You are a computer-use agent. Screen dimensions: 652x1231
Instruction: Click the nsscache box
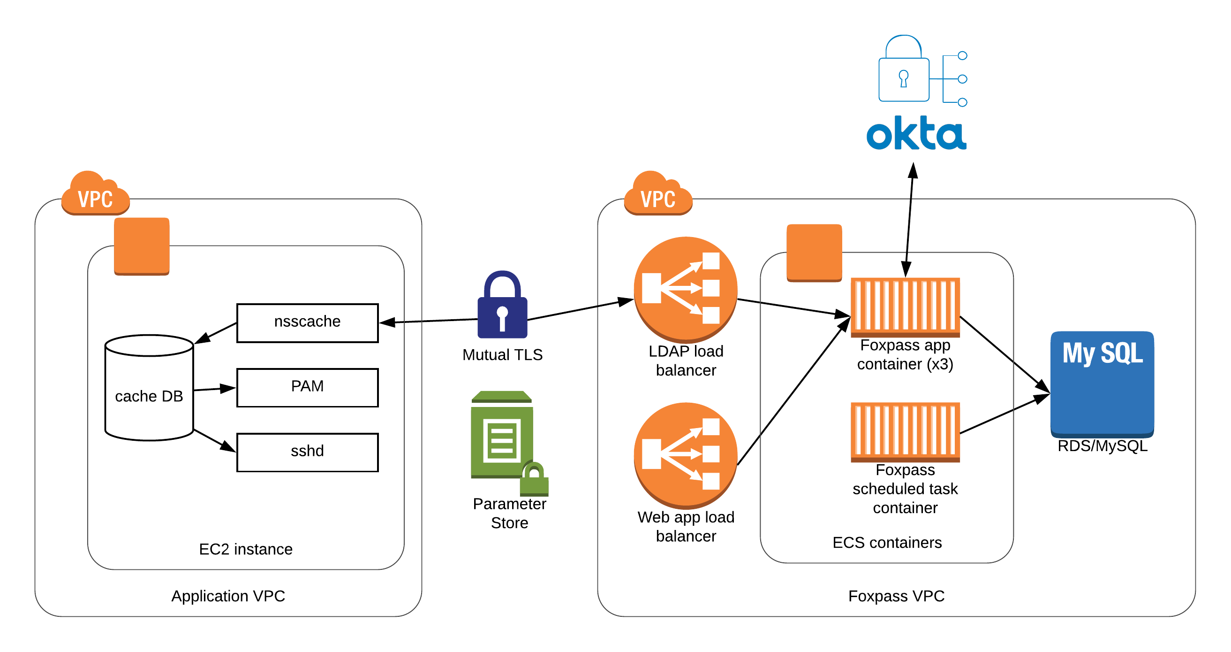[x=307, y=323]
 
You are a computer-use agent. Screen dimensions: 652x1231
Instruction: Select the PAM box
[x=307, y=387]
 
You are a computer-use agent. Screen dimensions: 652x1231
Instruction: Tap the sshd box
[x=307, y=452]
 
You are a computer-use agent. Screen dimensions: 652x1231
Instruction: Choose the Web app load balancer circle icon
[x=685, y=454]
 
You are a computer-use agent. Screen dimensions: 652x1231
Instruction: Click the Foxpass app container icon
[x=905, y=306]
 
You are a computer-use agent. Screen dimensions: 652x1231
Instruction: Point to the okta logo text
[x=916, y=133]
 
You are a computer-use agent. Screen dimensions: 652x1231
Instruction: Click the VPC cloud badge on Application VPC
[x=96, y=195]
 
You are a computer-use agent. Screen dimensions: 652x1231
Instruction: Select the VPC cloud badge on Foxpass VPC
[x=658, y=195]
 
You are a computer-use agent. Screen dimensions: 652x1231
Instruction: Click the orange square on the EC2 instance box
[x=142, y=246]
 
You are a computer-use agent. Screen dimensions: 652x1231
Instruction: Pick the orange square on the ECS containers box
[x=814, y=253]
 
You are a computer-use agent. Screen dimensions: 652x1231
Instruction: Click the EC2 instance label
[x=246, y=549]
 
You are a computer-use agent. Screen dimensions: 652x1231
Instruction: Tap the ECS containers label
[x=887, y=543]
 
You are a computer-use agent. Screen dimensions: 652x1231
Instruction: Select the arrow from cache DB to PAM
[x=215, y=389]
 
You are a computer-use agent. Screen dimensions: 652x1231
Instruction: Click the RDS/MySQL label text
[x=1102, y=446]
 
